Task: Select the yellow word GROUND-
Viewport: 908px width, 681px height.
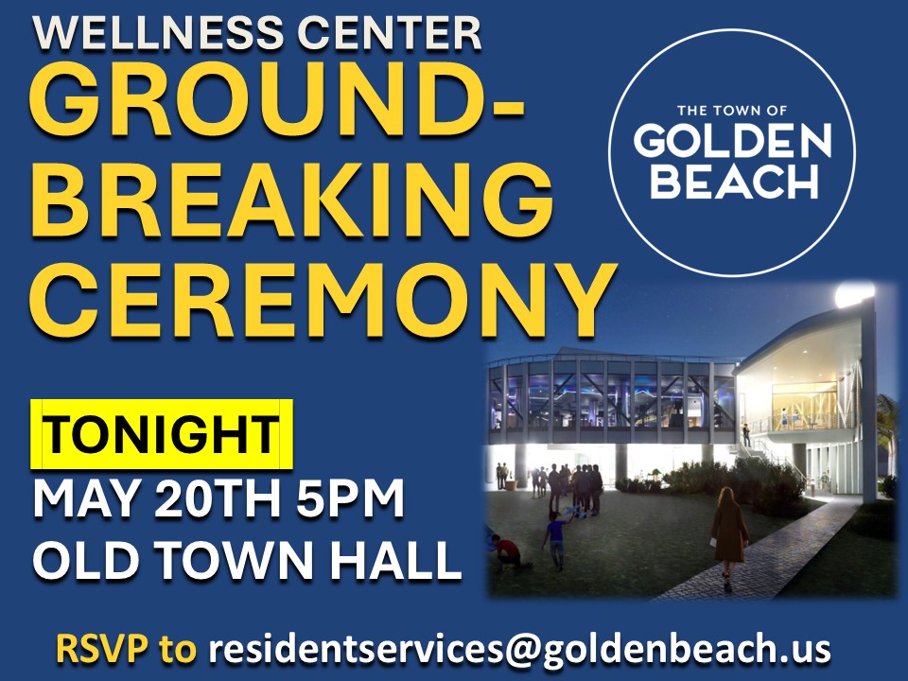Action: coord(277,99)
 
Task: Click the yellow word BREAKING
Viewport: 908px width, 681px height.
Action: coord(291,200)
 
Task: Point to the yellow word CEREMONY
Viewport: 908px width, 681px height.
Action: coord(322,300)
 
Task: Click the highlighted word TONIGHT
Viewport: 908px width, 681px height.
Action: coord(162,434)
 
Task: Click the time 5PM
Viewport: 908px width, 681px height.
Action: coord(350,498)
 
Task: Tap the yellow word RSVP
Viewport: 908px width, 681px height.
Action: coord(101,649)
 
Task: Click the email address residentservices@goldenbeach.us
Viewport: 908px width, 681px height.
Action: coord(519,649)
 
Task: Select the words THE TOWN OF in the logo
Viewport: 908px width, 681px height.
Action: coord(732,110)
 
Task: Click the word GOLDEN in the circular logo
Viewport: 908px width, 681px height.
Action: coord(732,141)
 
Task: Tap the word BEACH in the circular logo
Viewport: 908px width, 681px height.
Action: coord(734,181)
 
